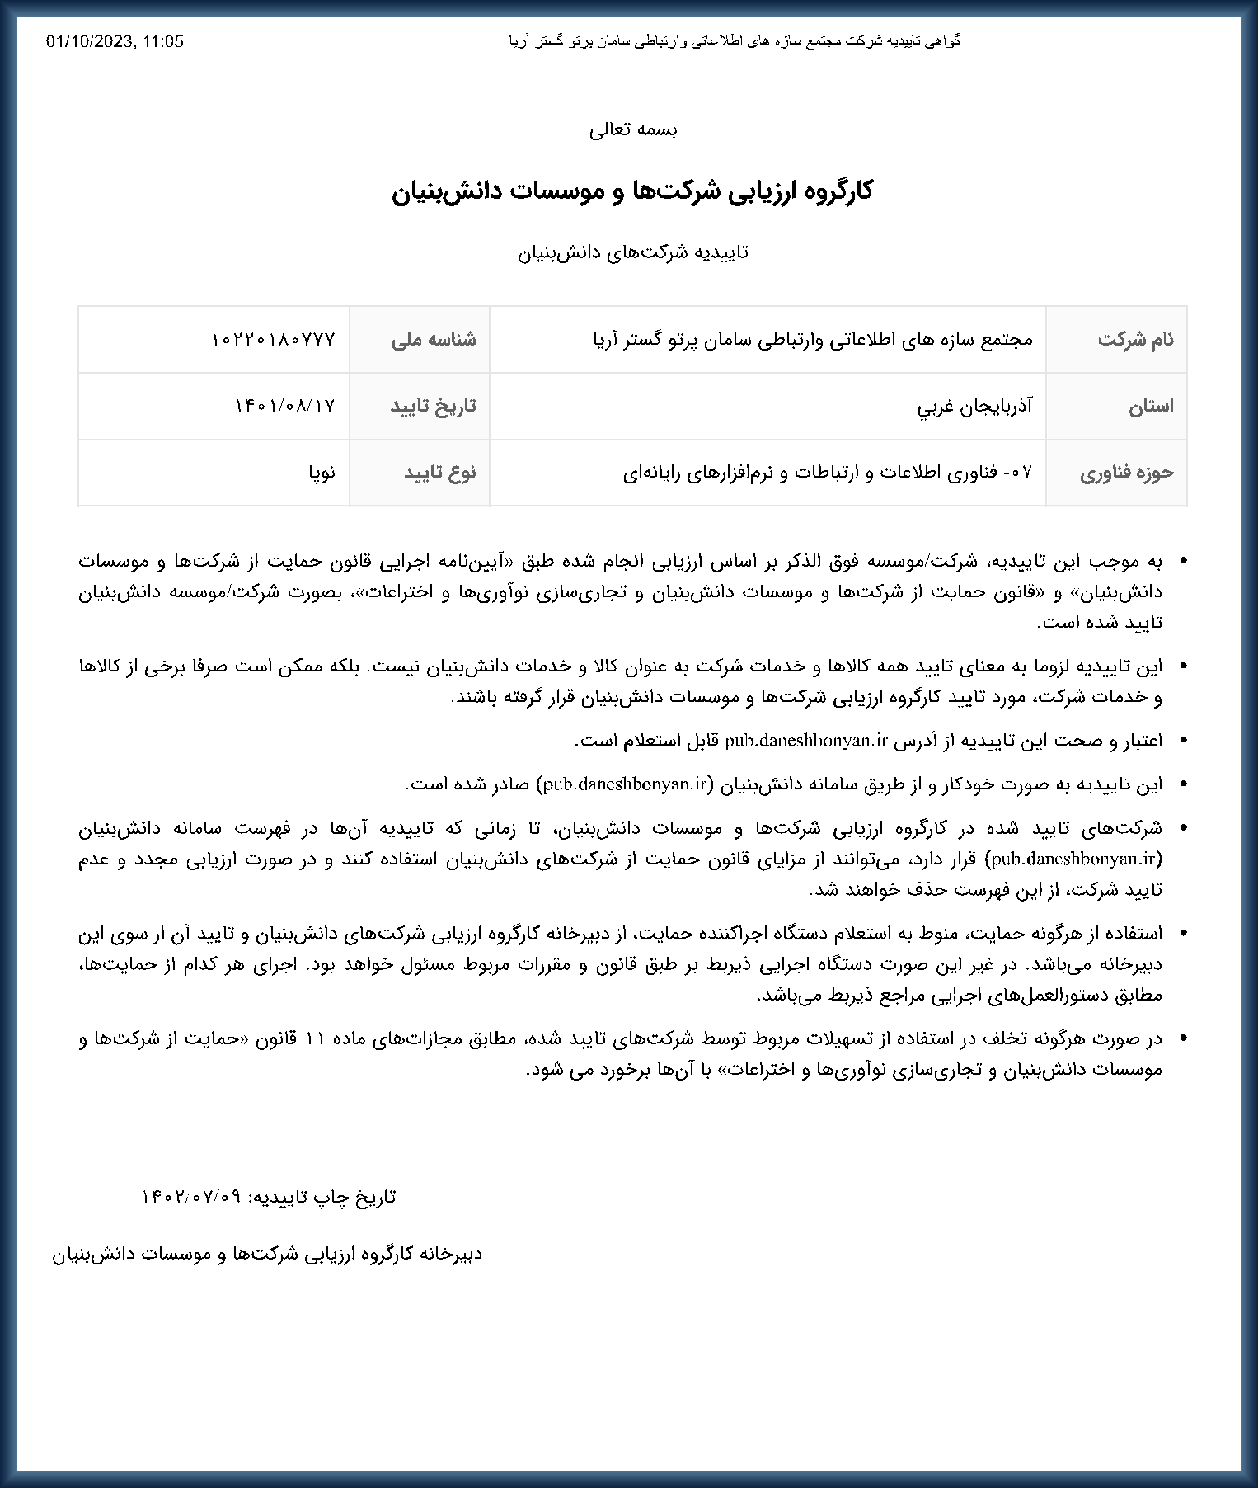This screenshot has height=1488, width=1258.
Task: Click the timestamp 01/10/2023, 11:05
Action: click(115, 41)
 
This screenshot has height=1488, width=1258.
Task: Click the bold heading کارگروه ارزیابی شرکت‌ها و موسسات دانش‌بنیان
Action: click(631, 191)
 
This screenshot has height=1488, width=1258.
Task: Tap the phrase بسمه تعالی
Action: click(633, 129)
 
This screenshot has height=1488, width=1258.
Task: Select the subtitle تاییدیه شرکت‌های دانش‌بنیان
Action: click(633, 252)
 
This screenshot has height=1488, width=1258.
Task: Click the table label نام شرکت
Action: click(1135, 339)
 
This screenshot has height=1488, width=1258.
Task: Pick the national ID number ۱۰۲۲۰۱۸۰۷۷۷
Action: click(274, 339)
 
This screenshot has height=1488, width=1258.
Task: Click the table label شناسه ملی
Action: click(434, 339)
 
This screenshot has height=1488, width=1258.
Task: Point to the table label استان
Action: click(1151, 406)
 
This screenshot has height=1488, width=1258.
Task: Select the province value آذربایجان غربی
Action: click(974, 406)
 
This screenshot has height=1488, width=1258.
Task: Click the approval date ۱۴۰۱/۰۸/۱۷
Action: click(285, 406)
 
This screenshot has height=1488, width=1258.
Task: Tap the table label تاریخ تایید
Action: click(434, 406)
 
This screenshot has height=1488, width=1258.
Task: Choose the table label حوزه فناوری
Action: click(1127, 473)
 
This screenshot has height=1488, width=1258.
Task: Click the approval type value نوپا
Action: click(322, 473)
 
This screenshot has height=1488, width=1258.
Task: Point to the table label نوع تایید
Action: click(440, 473)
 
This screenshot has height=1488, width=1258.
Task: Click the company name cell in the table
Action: click(812, 339)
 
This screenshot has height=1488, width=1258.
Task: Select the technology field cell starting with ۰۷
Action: click(828, 473)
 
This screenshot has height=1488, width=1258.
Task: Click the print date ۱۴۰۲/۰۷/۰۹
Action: click(191, 1197)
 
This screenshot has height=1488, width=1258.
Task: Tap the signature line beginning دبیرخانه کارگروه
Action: click(267, 1255)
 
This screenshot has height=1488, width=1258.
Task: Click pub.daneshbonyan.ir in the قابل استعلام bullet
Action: click(805, 741)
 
